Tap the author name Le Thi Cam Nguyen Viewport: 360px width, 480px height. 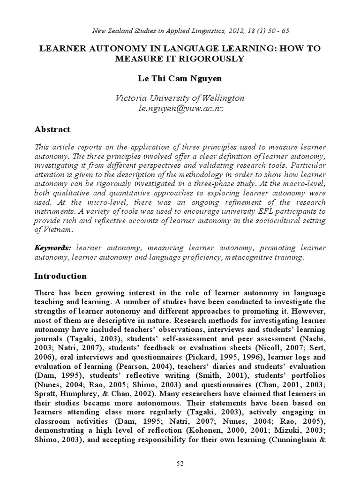point(180,79)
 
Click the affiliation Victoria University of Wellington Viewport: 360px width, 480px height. point(180,98)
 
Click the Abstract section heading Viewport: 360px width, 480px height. point(52,129)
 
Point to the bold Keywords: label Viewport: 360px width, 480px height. point(52,247)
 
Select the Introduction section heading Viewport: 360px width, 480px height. point(61,276)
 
